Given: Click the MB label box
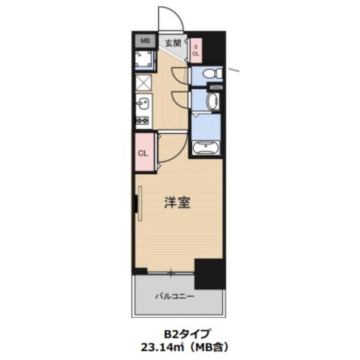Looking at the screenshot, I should [144, 41].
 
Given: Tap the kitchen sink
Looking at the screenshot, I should [144, 104].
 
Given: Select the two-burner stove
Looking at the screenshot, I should [144, 121].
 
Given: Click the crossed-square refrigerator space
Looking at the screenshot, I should [144, 83].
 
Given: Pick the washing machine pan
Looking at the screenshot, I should [144, 59].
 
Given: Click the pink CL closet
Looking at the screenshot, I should [143, 153].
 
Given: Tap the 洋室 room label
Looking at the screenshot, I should [176, 203].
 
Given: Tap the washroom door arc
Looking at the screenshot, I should [181, 99].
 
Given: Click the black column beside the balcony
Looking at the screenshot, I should [209, 274].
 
